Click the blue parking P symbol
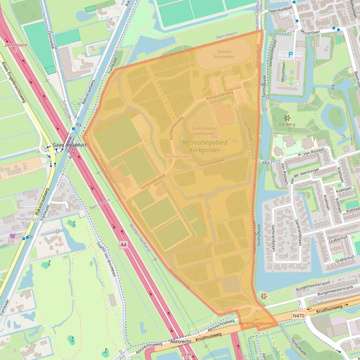pyautogui.click(x=290, y=55)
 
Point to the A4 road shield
pyautogui.click(x=123, y=245)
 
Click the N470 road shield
pyautogui.click(x=298, y=316)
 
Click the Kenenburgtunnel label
pyautogui.click(x=255, y=323)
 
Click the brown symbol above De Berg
pyautogui.click(x=286, y=117)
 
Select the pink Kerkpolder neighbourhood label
pyautogui.click(x=178, y=157)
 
